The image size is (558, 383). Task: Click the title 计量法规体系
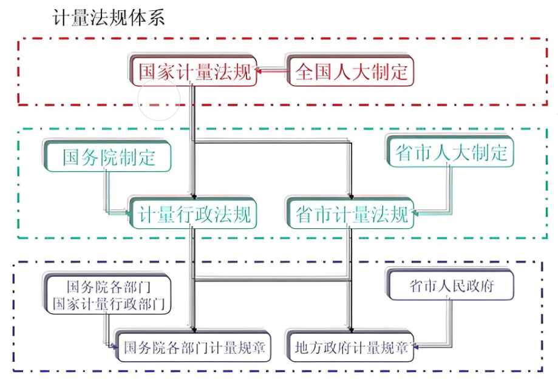click(109, 18)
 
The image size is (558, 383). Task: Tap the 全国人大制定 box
click(351, 72)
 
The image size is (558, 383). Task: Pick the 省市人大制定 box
click(451, 153)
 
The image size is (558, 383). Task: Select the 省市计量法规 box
click(352, 214)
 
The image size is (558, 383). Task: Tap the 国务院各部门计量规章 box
click(194, 348)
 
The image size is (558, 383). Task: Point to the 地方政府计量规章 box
click(352, 348)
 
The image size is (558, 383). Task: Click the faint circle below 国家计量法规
click(159, 99)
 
